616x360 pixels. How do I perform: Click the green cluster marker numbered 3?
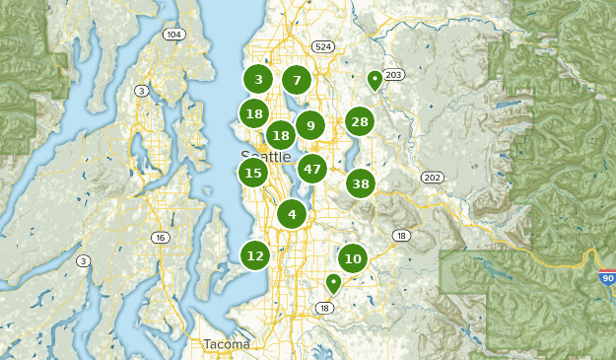pos(258,80)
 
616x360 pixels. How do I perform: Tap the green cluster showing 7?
pos(296,80)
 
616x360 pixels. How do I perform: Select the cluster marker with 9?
pos(310,124)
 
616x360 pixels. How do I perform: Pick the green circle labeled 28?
pos(359,122)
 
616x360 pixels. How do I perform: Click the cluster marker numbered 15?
pos(253,173)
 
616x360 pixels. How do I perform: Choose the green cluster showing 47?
pos(312,169)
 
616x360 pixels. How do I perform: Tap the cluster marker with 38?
pos(361,183)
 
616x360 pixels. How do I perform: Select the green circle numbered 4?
pos(292,213)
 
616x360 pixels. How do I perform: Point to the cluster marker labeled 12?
pos(255,255)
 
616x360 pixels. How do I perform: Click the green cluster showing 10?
pos(353,258)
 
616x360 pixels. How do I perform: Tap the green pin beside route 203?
pos(375,80)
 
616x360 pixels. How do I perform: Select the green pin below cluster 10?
pos(334,283)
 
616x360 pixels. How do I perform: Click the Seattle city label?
pos(266,157)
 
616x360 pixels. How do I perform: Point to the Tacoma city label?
pos(227,344)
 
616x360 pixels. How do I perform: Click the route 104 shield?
pos(174,35)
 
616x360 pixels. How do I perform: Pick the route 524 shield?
pos(322,46)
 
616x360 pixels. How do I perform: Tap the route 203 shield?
pos(394,75)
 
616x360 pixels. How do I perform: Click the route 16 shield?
pos(160,238)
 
